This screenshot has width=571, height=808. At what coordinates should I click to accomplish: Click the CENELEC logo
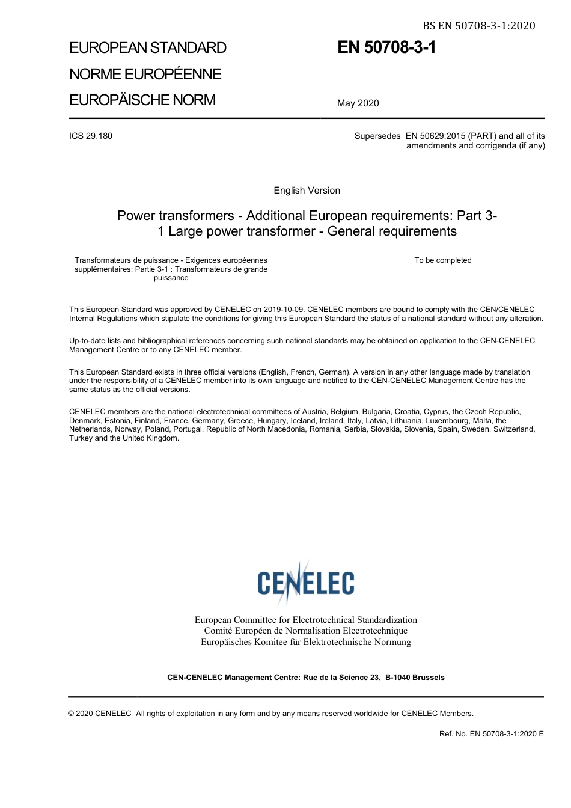306,583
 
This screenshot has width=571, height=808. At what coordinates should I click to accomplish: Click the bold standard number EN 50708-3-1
386,47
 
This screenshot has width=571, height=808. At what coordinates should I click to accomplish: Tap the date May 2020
358,103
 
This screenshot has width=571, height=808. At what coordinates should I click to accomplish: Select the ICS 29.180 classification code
91,136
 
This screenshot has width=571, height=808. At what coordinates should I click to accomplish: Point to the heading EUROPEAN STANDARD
148,48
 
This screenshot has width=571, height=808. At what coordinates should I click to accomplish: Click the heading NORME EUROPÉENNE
145,74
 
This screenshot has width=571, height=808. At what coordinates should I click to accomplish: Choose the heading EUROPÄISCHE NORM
142,100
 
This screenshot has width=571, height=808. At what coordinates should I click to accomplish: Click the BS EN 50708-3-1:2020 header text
478,25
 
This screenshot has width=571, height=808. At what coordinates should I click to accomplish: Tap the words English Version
307,191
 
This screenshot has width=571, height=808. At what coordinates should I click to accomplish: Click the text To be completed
442,260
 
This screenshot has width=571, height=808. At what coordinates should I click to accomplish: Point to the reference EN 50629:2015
435,136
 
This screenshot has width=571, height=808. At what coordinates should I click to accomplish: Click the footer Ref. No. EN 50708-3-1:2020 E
491,733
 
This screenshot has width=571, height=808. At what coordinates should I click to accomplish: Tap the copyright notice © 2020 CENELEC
100,714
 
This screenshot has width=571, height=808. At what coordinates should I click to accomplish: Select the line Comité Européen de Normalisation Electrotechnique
305,631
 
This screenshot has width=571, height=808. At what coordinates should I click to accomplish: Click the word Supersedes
377,136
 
